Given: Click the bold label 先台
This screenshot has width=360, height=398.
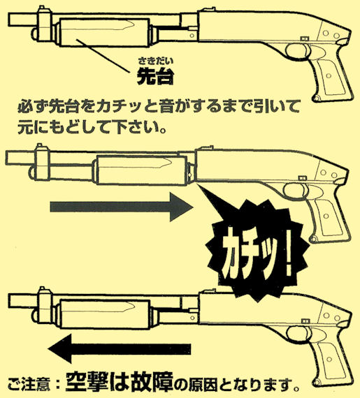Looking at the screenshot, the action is tap(155, 75).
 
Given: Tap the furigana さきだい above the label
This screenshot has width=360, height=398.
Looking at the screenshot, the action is tap(155, 61).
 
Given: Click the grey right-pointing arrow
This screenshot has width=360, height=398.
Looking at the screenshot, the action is tap(122, 207).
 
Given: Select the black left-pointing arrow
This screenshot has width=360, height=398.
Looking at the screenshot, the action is tap(119, 348).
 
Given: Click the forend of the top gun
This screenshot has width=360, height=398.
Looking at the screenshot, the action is tap(104, 33).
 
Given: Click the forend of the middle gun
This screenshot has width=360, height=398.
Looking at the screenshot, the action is tap(141, 170).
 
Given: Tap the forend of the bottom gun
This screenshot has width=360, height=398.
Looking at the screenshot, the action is tap(105, 314).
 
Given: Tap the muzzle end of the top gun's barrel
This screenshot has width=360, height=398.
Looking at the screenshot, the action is tap(9, 19).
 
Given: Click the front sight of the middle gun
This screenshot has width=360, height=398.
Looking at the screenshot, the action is tap(39, 147).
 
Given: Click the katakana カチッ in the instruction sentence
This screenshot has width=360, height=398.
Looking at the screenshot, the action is tap(120, 107).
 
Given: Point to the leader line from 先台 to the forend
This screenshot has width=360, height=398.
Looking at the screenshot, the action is tap(103, 56).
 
